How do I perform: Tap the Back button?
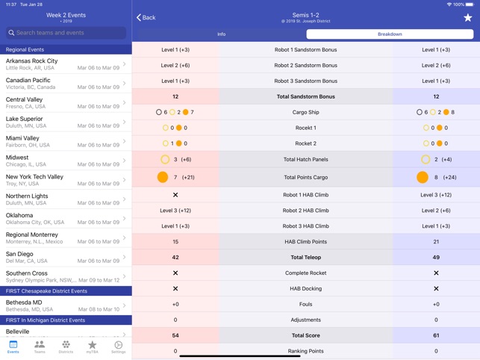(x=146, y=17)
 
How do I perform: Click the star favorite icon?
(x=467, y=17)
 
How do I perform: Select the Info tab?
(x=221, y=34)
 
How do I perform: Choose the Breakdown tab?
(x=390, y=34)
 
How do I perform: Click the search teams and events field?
(x=66, y=33)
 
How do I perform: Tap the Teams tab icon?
(x=40, y=347)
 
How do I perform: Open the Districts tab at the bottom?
(x=66, y=347)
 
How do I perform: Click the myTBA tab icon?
(x=92, y=347)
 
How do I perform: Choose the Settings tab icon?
(x=119, y=347)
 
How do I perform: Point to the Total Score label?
(x=305, y=335)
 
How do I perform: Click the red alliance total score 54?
(x=175, y=335)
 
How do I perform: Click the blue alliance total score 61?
(x=436, y=335)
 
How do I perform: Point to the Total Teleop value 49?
(x=436, y=257)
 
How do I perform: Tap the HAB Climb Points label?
(x=305, y=242)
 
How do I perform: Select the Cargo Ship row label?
(x=305, y=112)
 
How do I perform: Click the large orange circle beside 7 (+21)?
(x=163, y=178)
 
